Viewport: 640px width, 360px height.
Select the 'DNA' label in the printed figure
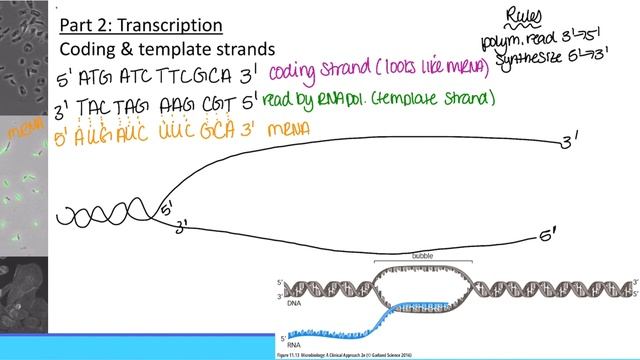(x=295, y=301)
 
